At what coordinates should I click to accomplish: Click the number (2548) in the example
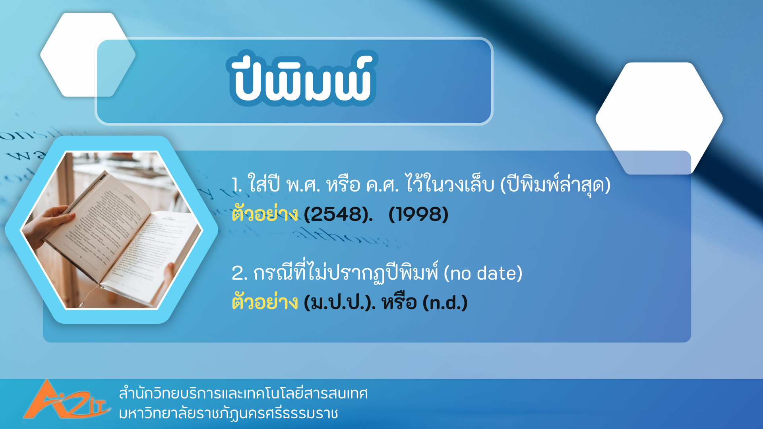[339, 214]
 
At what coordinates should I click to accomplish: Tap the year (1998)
[418, 214]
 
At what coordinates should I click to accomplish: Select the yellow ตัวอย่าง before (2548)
[265, 213]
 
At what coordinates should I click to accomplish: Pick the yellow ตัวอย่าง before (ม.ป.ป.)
[265, 301]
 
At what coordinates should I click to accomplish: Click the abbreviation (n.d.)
[445, 303]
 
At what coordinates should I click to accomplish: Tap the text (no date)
[483, 273]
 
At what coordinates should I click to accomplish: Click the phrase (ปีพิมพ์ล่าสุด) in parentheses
[555, 184]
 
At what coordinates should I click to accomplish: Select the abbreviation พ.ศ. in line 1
[303, 185]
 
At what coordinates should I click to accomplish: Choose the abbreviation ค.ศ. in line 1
[382, 185]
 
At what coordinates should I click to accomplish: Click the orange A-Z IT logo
[66, 400]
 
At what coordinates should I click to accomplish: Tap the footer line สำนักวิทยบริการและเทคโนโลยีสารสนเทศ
[243, 393]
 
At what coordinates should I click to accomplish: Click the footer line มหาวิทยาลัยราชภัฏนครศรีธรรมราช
[229, 413]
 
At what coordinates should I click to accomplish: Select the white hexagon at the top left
[88, 55]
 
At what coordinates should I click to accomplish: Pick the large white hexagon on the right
[659, 118]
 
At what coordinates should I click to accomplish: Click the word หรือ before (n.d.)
[399, 302]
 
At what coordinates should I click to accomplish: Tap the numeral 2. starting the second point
[240, 273]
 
